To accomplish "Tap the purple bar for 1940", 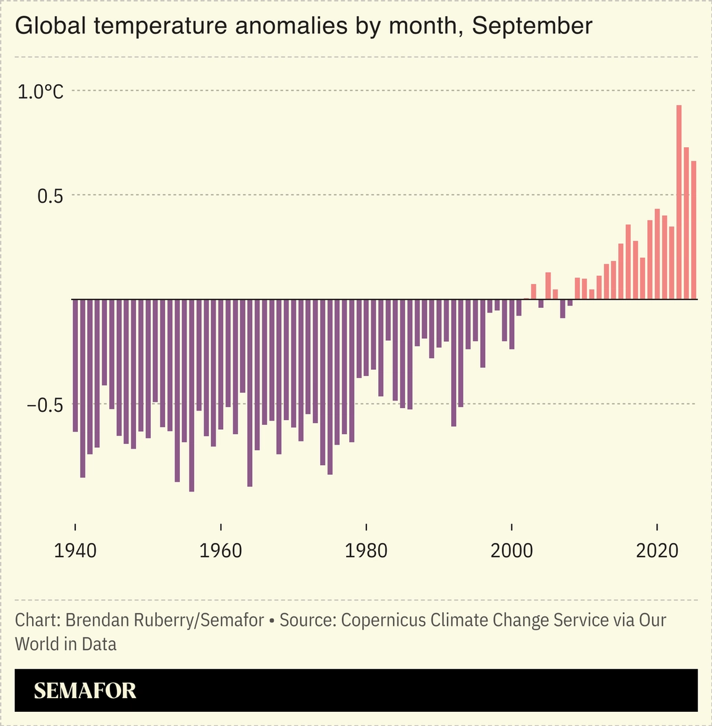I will click(x=75, y=365).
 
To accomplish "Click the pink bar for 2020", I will click(x=657, y=254).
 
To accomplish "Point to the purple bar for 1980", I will click(x=366, y=338).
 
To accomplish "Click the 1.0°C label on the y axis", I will click(x=40, y=92).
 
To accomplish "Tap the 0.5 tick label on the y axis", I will click(x=50, y=196).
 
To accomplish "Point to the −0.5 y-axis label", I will click(x=45, y=405).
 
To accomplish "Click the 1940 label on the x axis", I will click(x=75, y=550).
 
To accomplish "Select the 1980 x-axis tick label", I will click(x=366, y=550).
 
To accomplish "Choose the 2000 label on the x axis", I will click(x=512, y=550).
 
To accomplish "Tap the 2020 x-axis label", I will click(x=657, y=550).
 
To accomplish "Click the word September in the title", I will click(x=532, y=26).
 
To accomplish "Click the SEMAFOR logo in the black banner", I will click(x=85, y=691).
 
